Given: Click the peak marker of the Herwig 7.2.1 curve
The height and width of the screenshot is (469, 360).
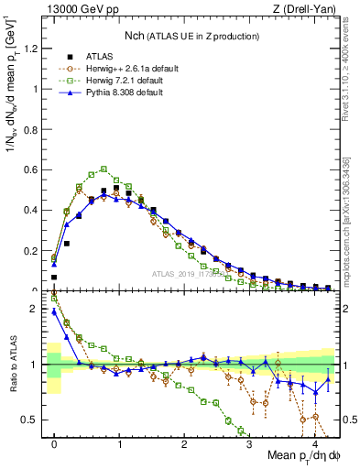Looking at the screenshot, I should click(x=104, y=169).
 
